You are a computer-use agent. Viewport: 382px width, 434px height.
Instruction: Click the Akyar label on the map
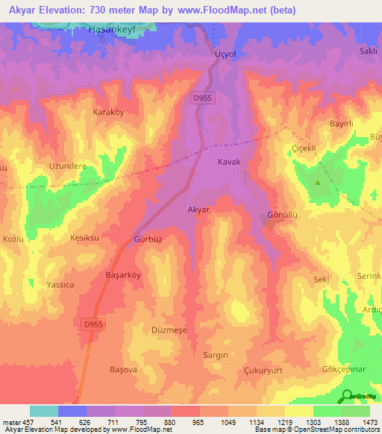pos(199,211)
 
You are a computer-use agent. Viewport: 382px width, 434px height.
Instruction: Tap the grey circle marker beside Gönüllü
pos(269,217)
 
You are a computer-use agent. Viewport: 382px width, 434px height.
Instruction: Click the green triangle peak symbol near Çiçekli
pos(319,182)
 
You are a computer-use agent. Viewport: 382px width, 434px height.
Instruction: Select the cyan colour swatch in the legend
pos(43,411)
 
